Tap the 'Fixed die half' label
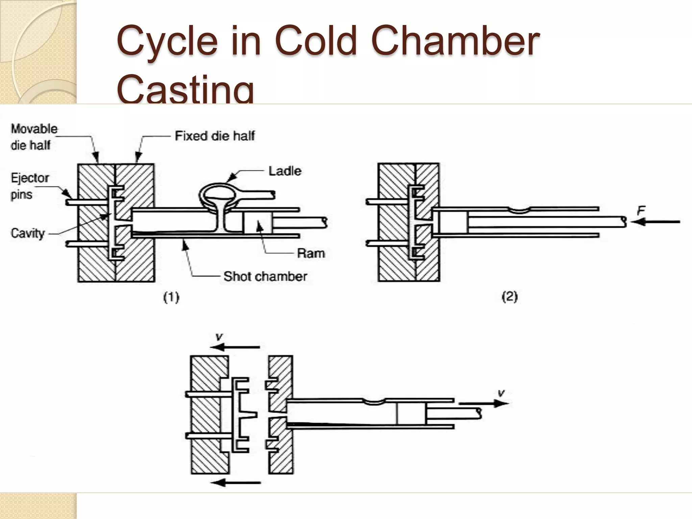215,136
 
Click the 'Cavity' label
28,233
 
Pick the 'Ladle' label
285,171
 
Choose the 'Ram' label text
311,253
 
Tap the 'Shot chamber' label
265,276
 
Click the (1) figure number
171,297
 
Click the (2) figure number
510,297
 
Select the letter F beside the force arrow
641,211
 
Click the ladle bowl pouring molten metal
217,195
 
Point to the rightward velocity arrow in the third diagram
483,403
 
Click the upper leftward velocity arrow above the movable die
235,347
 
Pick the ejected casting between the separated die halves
241,415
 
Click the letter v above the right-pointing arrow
501,393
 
